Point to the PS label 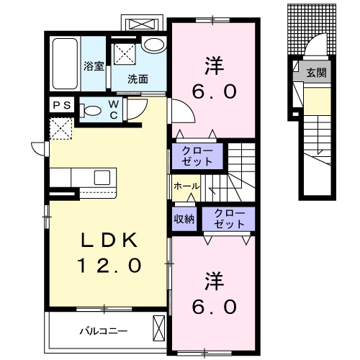click(61, 104)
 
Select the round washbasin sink click(153, 44)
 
